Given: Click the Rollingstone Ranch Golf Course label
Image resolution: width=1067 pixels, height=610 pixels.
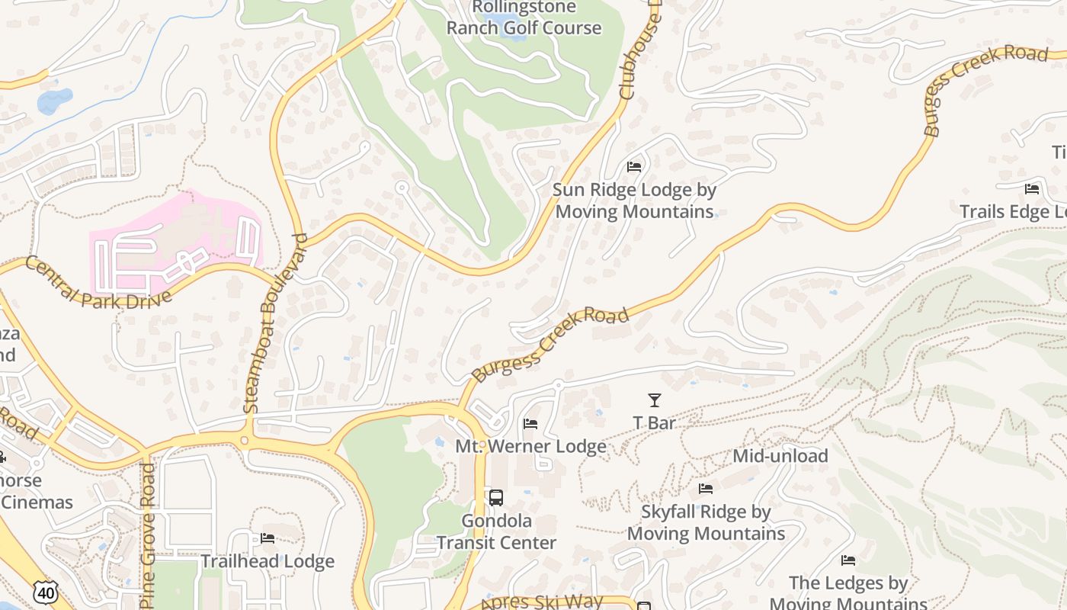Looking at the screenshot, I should point(524,18).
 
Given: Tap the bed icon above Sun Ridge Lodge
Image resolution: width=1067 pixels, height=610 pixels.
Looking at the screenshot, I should point(633,167).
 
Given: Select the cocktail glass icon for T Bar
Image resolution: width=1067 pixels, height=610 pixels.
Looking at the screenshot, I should point(654,400).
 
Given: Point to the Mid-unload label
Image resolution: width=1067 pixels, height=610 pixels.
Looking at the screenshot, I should point(780,456).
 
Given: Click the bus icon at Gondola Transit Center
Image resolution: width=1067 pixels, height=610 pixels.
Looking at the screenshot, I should point(496,498).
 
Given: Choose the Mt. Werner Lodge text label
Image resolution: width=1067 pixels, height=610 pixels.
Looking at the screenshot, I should point(530,446).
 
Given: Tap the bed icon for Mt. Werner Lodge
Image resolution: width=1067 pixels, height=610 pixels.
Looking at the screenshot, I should point(530,424).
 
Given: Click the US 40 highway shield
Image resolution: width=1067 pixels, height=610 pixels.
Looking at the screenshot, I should point(46,592).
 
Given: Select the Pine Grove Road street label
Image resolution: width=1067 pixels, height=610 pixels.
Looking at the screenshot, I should point(147,534).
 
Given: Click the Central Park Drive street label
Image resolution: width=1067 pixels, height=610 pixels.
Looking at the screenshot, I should point(98,283).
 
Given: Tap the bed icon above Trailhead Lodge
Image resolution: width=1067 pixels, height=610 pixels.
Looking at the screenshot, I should point(268,538).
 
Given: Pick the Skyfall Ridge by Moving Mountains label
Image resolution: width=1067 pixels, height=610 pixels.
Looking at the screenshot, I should point(706,522).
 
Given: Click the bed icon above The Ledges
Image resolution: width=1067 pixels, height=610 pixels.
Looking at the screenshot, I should point(848,560).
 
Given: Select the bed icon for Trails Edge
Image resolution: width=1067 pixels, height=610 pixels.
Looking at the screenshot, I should point(1032,189).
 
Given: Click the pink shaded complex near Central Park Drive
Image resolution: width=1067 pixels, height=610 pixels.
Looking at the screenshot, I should point(175,240).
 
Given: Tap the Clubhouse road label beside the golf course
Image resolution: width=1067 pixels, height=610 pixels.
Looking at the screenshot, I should point(640,57).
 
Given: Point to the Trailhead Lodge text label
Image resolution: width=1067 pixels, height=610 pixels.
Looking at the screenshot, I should point(268,562).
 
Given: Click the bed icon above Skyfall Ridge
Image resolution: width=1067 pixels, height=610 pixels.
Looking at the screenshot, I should point(706,489).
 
